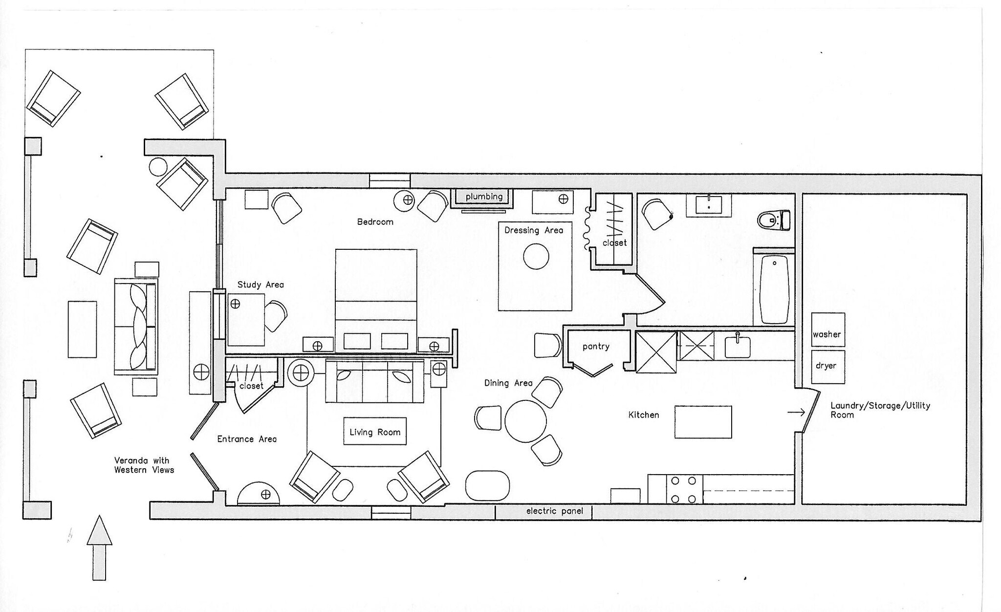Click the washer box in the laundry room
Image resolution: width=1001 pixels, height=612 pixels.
[828, 329]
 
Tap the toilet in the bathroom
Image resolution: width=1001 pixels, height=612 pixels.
[774, 220]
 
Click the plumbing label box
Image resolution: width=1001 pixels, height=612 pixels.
[484, 197]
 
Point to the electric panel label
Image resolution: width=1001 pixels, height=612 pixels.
[554, 511]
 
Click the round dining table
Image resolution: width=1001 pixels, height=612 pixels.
[525, 421]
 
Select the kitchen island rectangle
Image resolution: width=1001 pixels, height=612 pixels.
[703, 422]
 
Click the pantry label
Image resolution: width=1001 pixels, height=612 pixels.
[596, 347]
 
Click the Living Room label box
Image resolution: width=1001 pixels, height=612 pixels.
[375, 432]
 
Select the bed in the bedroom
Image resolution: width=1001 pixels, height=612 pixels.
[376, 301]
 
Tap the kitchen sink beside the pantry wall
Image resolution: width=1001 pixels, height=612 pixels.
[737, 347]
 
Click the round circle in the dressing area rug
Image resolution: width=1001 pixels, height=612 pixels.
[536, 256]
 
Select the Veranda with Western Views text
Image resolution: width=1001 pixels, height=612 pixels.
[144, 465]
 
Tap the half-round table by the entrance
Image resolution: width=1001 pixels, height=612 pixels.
[259, 494]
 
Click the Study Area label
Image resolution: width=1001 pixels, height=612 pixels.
[261, 284]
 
